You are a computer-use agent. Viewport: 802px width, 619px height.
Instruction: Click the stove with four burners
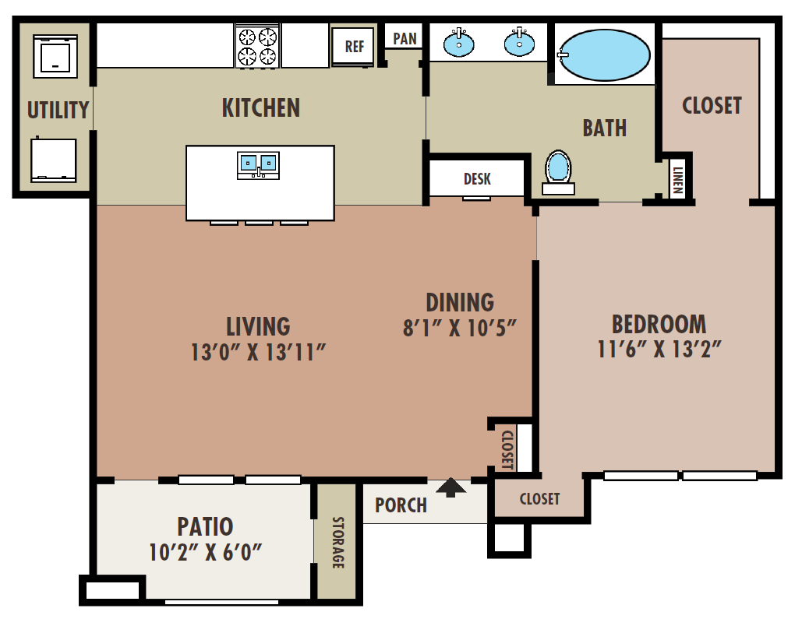(258, 45)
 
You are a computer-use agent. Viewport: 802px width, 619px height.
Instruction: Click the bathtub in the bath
(605, 55)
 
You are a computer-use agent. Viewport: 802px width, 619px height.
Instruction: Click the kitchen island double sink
(258, 163)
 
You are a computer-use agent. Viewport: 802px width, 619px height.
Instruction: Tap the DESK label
(477, 179)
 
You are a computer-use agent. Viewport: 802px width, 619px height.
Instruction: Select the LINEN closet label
(679, 179)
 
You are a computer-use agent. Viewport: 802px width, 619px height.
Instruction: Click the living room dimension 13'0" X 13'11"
(258, 353)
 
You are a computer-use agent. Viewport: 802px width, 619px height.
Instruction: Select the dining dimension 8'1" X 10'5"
(460, 328)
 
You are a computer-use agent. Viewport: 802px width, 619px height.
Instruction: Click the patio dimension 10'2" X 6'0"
(205, 552)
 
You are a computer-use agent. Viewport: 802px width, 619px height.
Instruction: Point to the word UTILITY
(58, 111)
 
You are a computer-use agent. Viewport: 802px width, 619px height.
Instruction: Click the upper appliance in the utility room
(55, 56)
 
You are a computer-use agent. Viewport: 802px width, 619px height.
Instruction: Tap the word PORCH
(401, 505)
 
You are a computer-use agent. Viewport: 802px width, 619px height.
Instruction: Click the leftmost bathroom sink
(459, 44)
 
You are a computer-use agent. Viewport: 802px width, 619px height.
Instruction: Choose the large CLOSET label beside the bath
(712, 105)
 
